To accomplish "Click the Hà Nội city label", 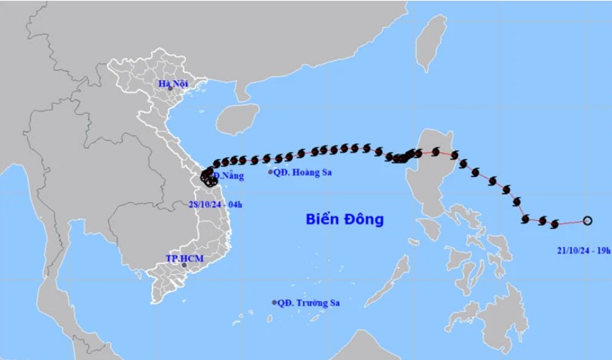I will (x=172, y=83).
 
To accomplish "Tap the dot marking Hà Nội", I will (x=170, y=89).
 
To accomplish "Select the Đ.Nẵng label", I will (x=228, y=175).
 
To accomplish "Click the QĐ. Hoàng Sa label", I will (x=304, y=172).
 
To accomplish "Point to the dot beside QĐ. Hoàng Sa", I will (x=271, y=172).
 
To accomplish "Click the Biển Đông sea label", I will (x=344, y=219).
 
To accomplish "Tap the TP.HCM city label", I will (x=185, y=258).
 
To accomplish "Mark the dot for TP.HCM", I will (x=184, y=265).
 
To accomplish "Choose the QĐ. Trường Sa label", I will (x=308, y=302).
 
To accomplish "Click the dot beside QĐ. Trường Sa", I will (x=274, y=302).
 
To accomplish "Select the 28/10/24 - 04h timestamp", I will (x=216, y=204).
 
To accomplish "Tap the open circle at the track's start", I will (x=587, y=220).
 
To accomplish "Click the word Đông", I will (x=364, y=219).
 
